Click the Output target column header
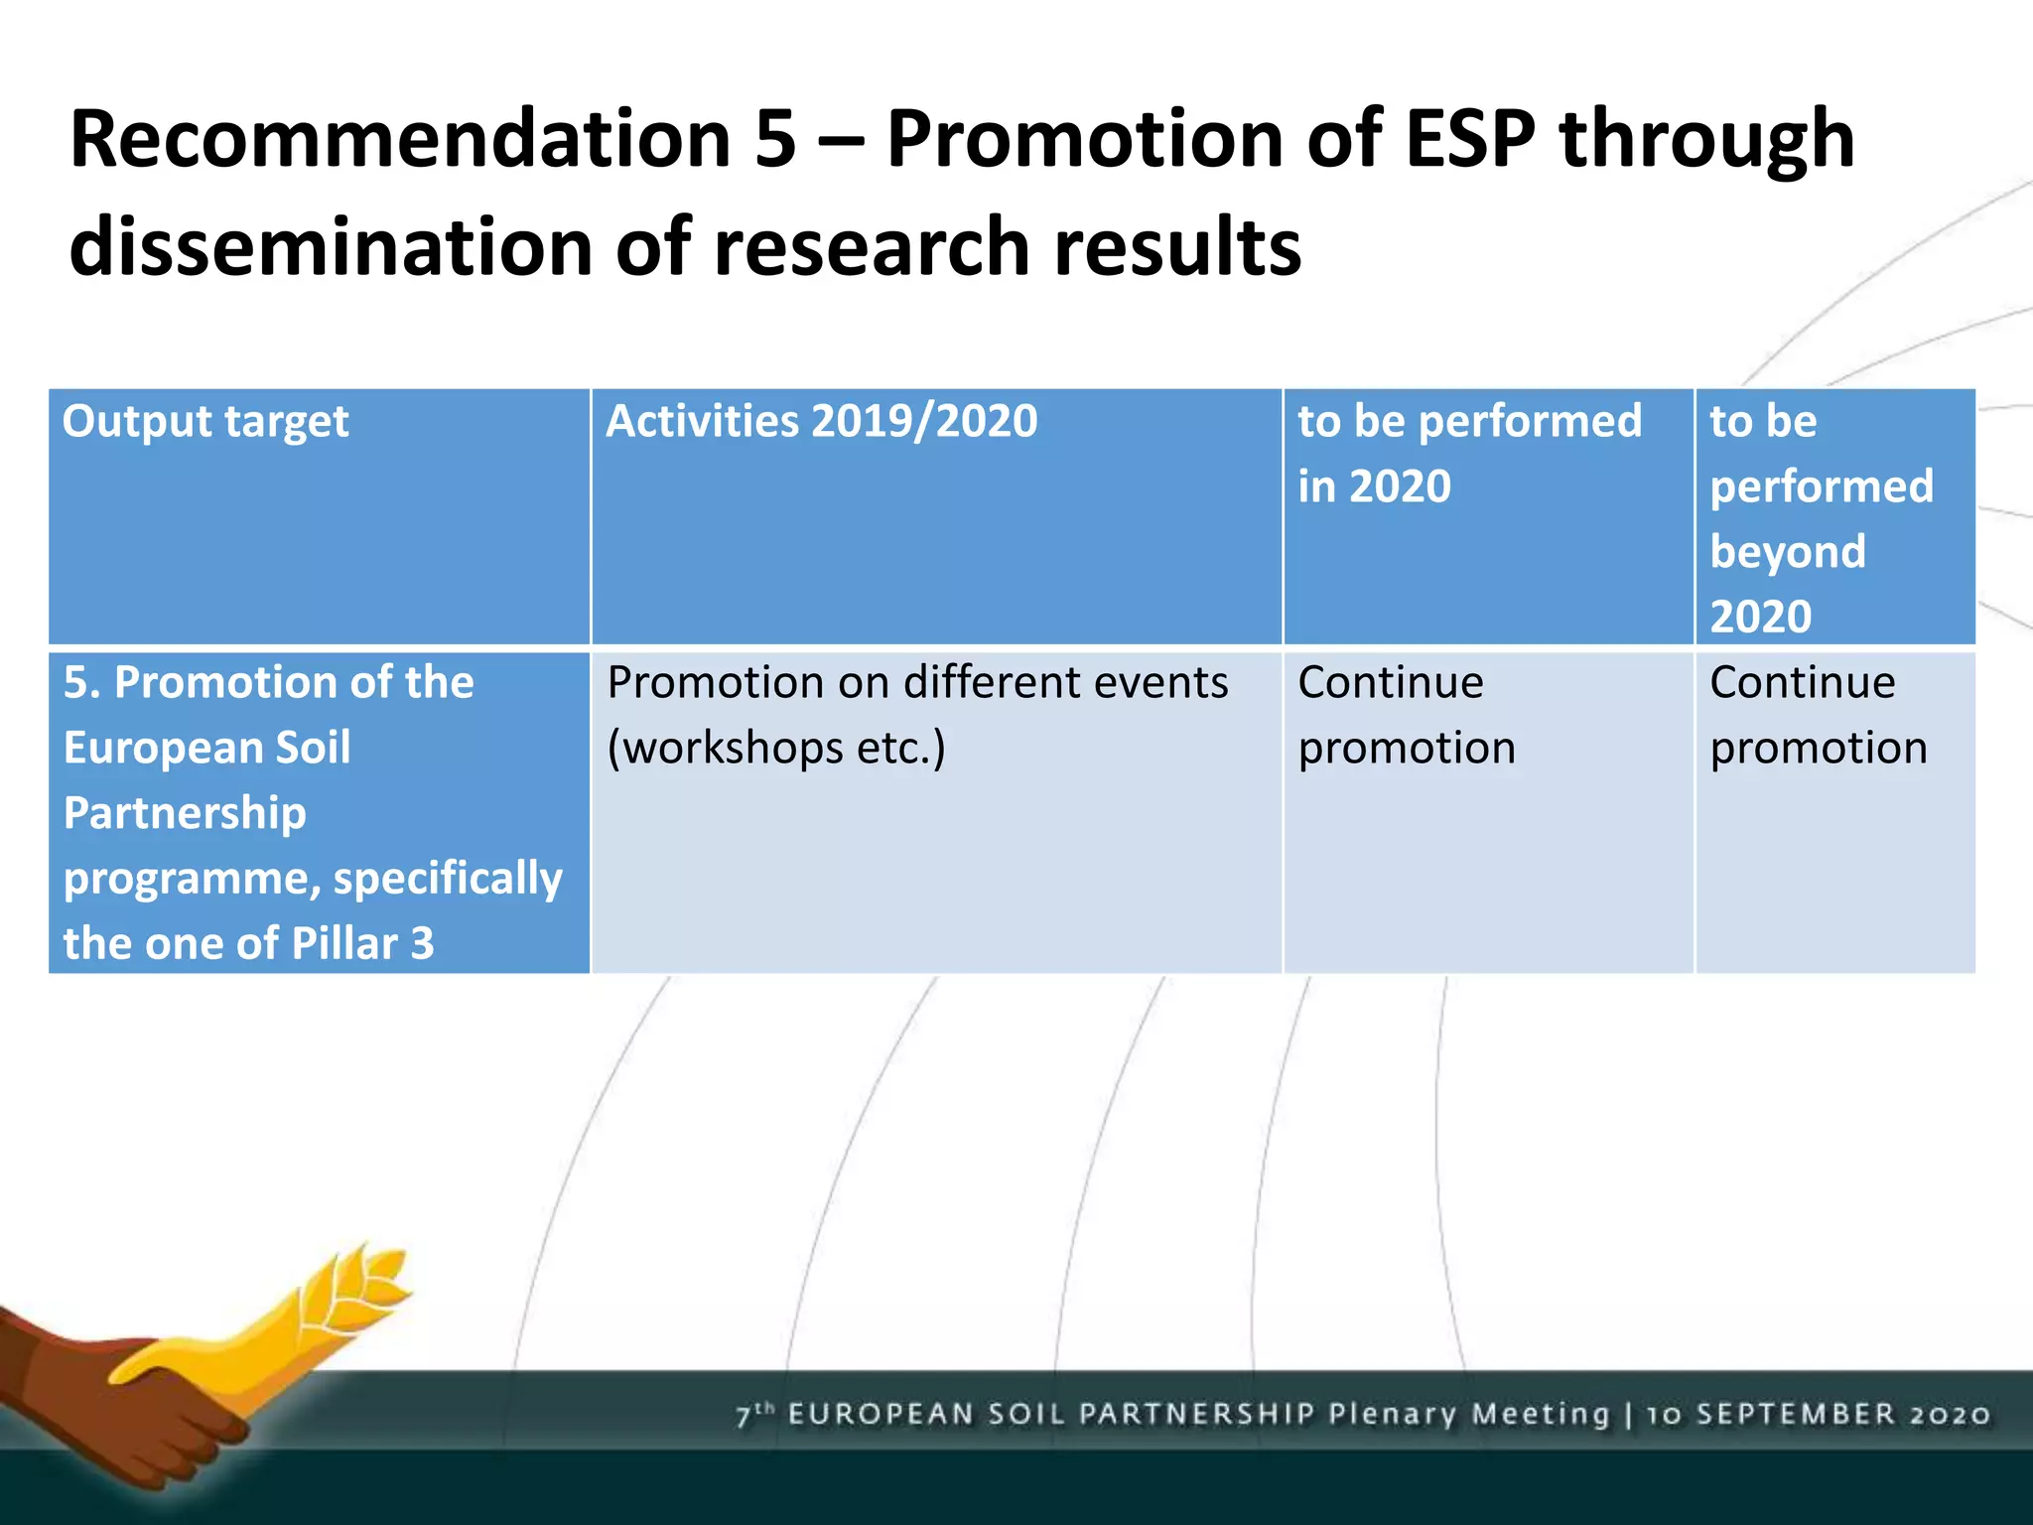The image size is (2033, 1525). click(205, 422)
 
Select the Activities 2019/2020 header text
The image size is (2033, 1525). click(822, 421)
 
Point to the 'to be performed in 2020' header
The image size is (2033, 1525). click(1469, 453)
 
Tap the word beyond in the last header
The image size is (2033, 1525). click(1788, 552)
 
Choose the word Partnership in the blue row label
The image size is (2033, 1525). click(185, 813)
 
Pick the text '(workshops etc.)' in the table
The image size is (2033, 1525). click(776, 748)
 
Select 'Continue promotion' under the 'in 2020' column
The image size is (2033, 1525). click(1407, 715)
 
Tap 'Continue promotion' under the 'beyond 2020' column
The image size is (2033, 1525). click(1818, 715)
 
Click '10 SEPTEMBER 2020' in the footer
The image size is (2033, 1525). click(1819, 1415)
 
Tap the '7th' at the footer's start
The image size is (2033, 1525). click(753, 1414)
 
